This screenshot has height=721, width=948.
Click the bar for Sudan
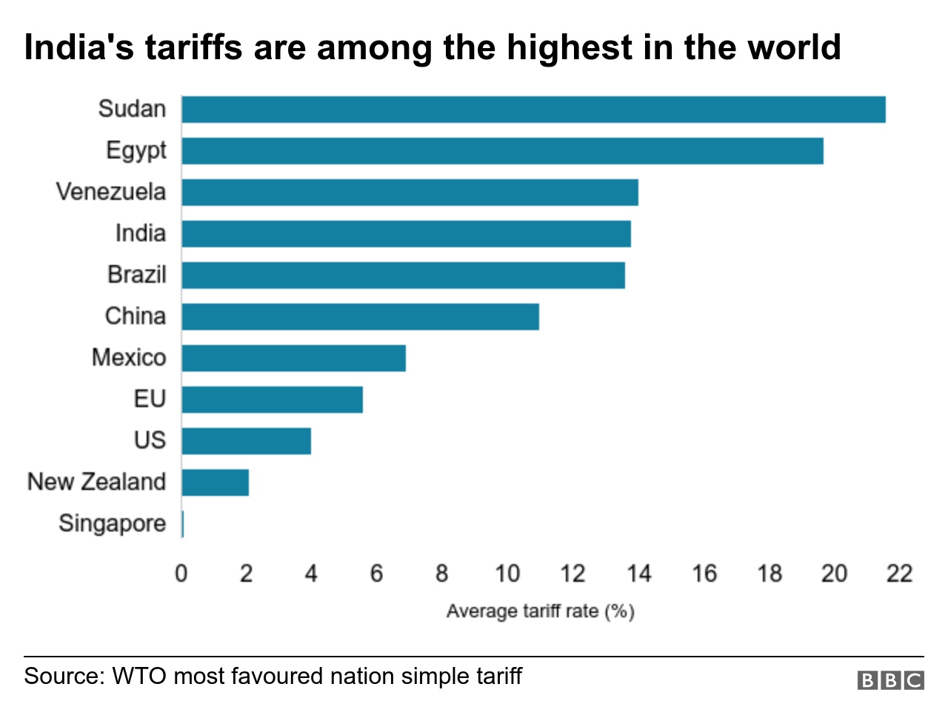pyautogui.click(x=533, y=110)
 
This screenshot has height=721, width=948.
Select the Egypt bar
pyautogui.click(x=502, y=151)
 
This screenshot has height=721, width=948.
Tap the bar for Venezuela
pyautogui.click(x=410, y=192)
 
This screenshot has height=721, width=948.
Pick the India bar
pyautogui.click(x=406, y=234)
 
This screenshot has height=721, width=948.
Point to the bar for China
pyautogui.click(x=360, y=317)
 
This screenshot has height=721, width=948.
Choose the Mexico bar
pyautogui.click(x=293, y=358)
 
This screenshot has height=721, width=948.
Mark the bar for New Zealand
pyautogui.click(x=215, y=483)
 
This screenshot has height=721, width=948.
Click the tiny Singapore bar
pyautogui.click(x=182, y=524)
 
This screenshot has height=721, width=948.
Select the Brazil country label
pyautogui.click(x=137, y=275)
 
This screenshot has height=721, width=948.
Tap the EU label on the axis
pyautogui.click(x=150, y=399)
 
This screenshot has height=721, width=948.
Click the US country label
pyautogui.click(x=150, y=440)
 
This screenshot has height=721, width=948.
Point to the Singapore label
pyautogui.click(x=113, y=524)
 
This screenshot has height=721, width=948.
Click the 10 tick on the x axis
pyautogui.click(x=507, y=574)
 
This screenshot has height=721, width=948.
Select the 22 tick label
pyautogui.click(x=899, y=574)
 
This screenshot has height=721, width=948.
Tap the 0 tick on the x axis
pyautogui.click(x=181, y=574)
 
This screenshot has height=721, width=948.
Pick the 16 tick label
pyautogui.click(x=704, y=574)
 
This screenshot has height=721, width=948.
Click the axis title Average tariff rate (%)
pyautogui.click(x=540, y=611)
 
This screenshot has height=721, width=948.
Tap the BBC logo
pyautogui.click(x=890, y=680)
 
